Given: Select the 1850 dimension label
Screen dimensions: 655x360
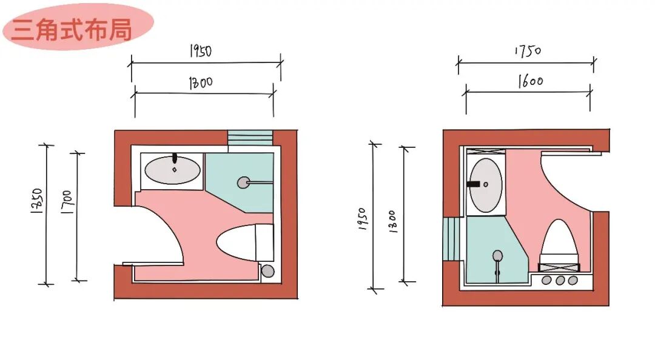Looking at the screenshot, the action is coord(36,203).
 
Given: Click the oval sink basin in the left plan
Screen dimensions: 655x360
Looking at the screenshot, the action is coord(174,170).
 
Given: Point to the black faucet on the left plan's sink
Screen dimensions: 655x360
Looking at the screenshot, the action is coord(175,159).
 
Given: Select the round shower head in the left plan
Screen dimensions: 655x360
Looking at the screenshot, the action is coord(243,181).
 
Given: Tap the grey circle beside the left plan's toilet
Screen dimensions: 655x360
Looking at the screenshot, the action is coord(267,271).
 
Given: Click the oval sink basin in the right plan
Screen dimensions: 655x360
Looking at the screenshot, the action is coord(486,185).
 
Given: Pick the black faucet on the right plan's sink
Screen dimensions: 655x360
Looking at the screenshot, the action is coord(475,183).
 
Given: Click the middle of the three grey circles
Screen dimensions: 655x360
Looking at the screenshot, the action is coord(560,280).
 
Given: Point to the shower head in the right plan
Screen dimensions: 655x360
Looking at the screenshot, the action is coord(497,255).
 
